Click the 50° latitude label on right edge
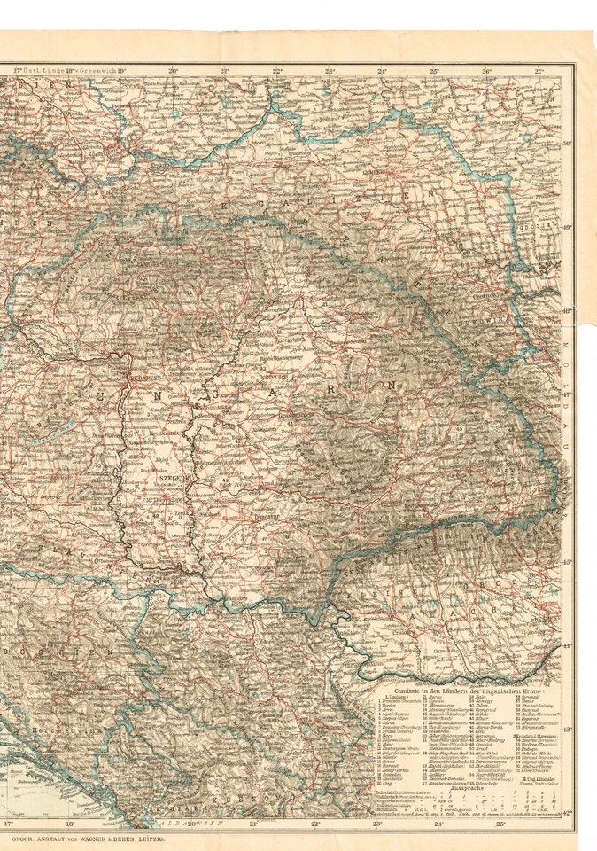(x=567, y=143)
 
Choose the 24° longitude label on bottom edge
(x=438, y=824)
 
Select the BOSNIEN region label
(x=53, y=652)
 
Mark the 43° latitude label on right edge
(x=567, y=730)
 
